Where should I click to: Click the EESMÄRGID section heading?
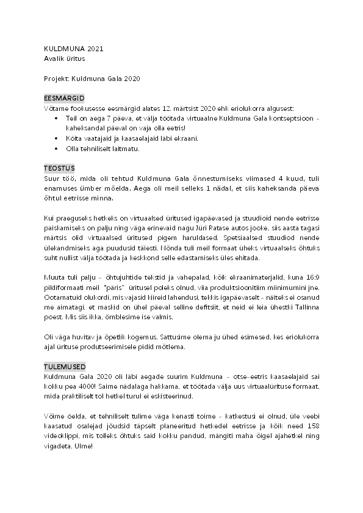pyautogui.click(x=64, y=97)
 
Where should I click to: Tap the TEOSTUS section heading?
pyautogui.click(x=59, y=168)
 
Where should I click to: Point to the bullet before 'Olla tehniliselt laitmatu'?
pyautogui.click(x=57, y=148)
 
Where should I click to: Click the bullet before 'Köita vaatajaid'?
pyautogui.click(x=57, y=138)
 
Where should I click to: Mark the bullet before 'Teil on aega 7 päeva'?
pyautogui.click(x=57, y=118)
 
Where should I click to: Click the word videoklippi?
pyautogui.click(x=62, y=436)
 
